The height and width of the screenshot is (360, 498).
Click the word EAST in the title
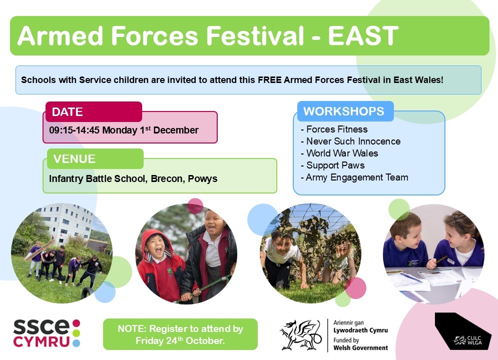coord(363,35)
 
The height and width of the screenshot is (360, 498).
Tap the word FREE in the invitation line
coord(269,79)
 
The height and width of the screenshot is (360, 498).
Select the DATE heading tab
coord(94,111)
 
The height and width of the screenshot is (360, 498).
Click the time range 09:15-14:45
coord(74,130)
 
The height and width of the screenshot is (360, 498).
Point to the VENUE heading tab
coord(95,158)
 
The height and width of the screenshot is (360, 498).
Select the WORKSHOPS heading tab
coord(345,111)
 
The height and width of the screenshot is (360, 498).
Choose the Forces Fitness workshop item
coord(334,129)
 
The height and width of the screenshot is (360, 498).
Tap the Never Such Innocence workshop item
coord(351,141)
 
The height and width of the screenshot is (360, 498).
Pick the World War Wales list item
coord(339,153)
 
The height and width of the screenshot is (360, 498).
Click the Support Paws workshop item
coord(332,165)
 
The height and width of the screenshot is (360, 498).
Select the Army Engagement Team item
coord(354,177)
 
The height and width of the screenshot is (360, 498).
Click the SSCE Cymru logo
coord(47,333)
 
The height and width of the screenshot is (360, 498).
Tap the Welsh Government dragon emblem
coord(300,335)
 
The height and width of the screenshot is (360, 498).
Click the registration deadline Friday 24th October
coord(180,340)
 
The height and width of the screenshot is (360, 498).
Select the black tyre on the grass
coord(88,292)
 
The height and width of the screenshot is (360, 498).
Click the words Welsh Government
coord(360,348)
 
